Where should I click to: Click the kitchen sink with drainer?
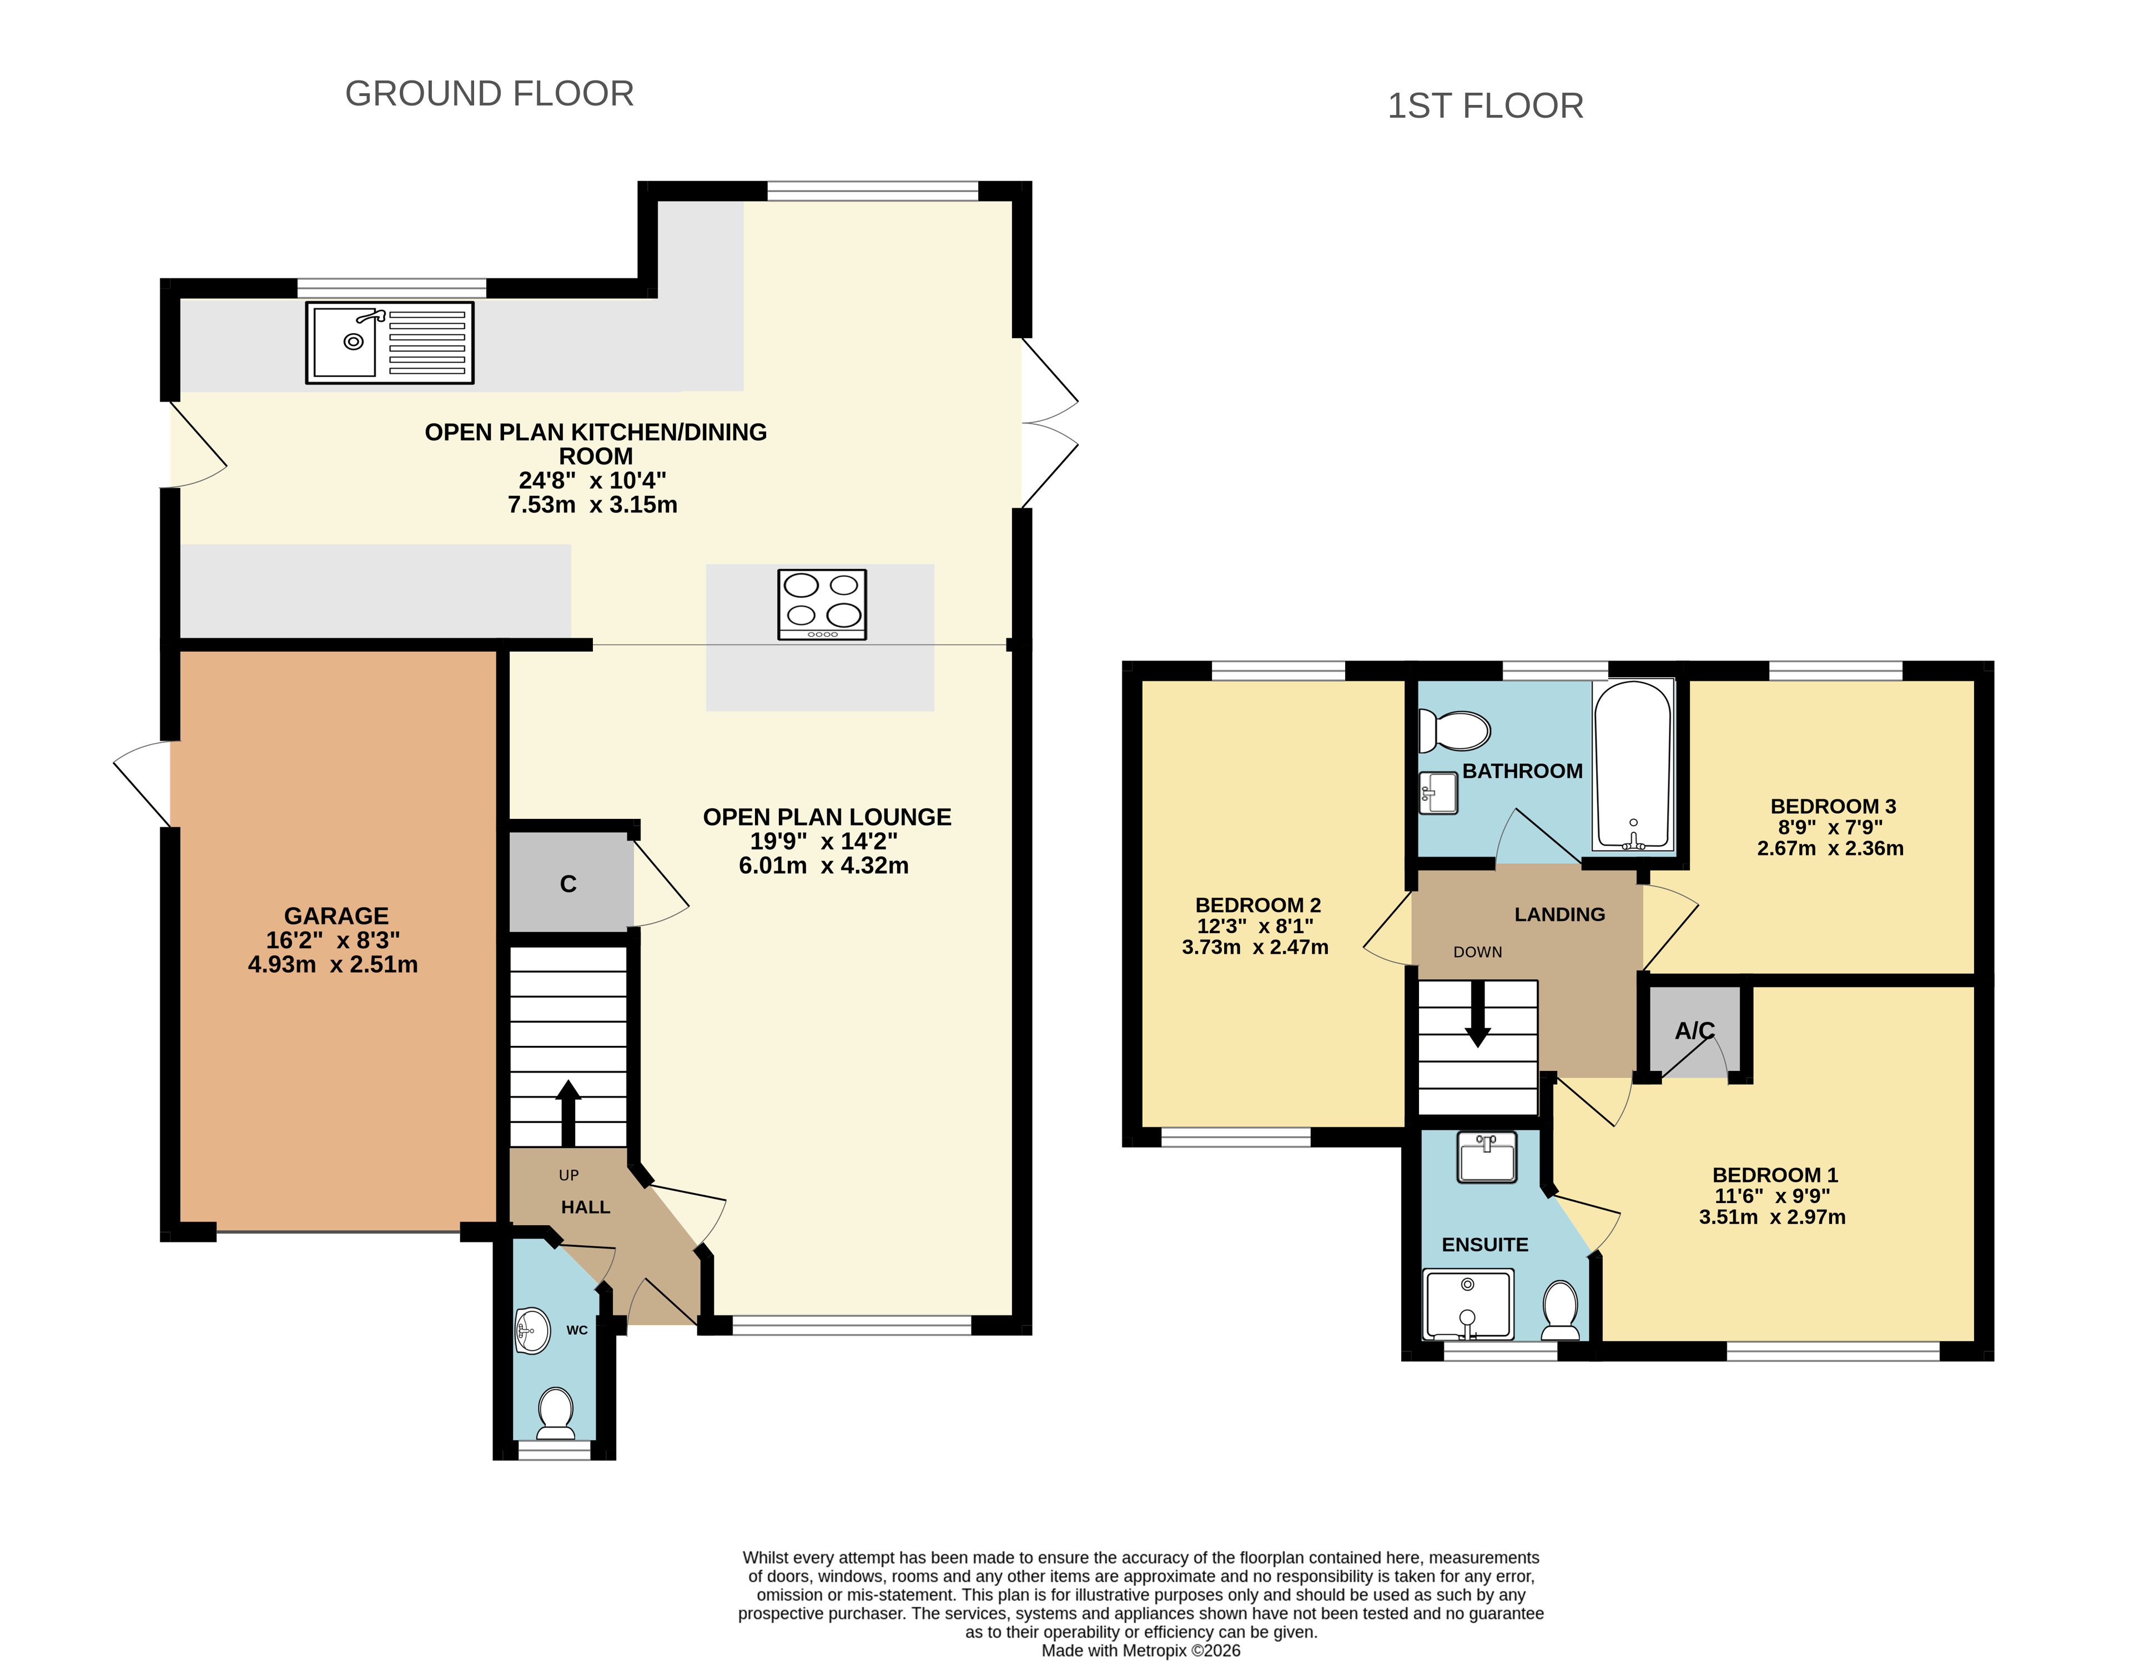point(390,343)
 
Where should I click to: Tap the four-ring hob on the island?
point(822,603)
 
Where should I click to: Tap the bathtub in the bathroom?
point(1633,764)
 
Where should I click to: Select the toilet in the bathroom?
point(1454,731)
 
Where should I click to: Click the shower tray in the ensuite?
point(1468,1304)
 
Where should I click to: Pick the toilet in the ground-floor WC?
point(555,1413)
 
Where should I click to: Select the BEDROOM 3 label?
point(1833,806)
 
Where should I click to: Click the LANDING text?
point(1559,914)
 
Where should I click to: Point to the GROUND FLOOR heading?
point(489,94)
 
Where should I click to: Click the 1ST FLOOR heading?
point(1485,105)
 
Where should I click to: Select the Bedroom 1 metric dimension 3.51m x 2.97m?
point(1771,1216)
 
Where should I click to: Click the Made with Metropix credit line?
point(1141,1650)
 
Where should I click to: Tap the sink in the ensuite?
point(1486,1156)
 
